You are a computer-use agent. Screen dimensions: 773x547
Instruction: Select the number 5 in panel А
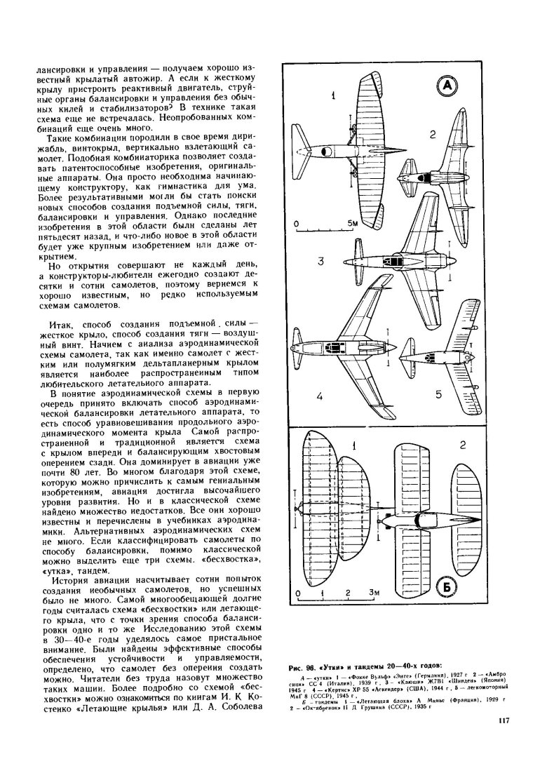tap(438, 395)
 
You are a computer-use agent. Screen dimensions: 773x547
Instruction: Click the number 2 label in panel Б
tap(462, 445)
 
